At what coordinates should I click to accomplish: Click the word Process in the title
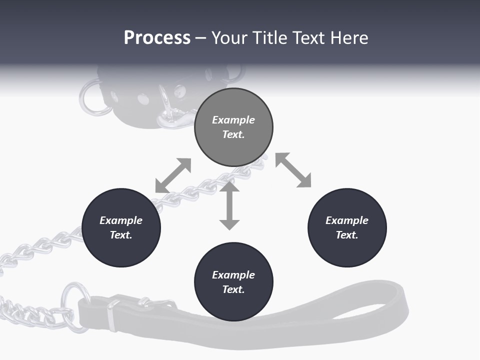tap(157, 38)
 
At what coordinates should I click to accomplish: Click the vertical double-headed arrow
tap(229, 206)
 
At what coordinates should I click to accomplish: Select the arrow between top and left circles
tap(173, 175)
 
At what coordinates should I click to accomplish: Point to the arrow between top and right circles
tap(293, 170)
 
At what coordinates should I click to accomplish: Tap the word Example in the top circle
tap(233, 120)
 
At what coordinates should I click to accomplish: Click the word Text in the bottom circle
tap(233, 289)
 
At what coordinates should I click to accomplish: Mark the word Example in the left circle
tap(121, 220)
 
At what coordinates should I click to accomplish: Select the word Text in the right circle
tap(347, 235)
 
